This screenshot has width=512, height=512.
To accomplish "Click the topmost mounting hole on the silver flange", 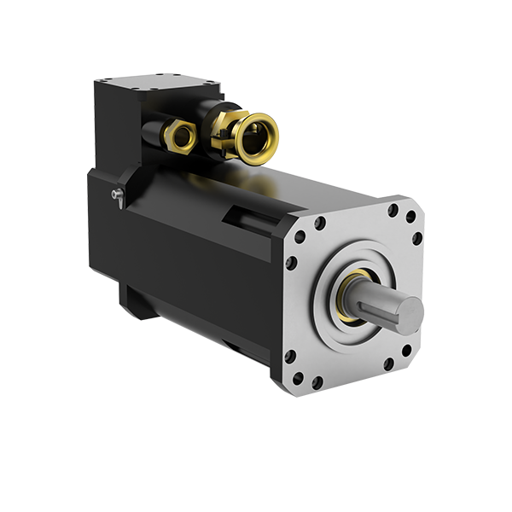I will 393,209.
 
